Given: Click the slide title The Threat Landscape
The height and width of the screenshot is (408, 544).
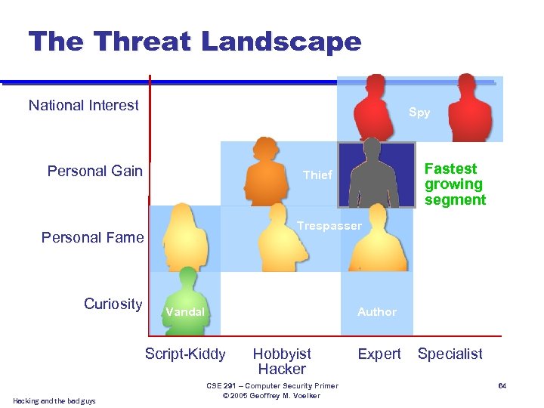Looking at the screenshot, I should coord(195,41).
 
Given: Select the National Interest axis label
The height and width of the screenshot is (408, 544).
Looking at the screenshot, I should coord(83,105).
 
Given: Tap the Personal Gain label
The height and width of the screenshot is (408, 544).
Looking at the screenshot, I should coord(94,171).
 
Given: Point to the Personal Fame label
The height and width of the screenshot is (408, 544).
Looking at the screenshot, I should coord(92,237).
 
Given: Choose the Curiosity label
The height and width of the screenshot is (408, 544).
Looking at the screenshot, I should coord(113,304).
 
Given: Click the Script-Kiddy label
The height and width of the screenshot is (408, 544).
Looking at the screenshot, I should coord(185,354).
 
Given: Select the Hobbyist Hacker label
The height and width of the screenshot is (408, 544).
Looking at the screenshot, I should coord(282,361).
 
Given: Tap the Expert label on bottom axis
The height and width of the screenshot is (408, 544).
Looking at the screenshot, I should coord(379,354).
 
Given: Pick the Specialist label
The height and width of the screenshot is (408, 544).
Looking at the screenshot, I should coord(450,354).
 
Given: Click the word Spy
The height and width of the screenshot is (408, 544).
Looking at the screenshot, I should coord(419,113).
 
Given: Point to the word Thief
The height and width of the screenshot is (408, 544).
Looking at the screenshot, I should coord(317,175).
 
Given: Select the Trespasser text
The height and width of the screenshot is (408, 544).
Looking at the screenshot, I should coord(329,226).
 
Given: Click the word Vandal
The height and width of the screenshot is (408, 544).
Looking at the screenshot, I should coord(185,311).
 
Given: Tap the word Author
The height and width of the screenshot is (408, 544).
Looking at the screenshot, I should coord(377,311).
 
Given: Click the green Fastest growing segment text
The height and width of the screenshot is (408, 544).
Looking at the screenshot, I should coord(455,184).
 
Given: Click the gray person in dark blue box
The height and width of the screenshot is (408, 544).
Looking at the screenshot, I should coord(376,178).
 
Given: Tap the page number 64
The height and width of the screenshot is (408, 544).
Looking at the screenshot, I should coord(502,387).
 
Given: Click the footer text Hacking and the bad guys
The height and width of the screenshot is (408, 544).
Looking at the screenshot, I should coord(54,400).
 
